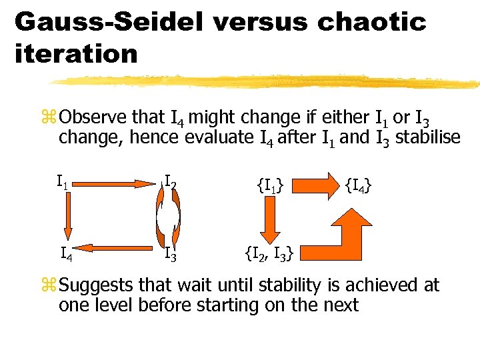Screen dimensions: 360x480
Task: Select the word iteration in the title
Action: coord(75,54)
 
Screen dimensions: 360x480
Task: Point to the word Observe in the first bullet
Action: coord(93,118)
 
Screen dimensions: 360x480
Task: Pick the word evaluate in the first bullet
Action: coord(215,138)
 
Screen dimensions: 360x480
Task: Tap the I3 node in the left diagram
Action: coord(171,253)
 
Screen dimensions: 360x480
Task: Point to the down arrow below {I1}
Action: coord(271,219)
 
